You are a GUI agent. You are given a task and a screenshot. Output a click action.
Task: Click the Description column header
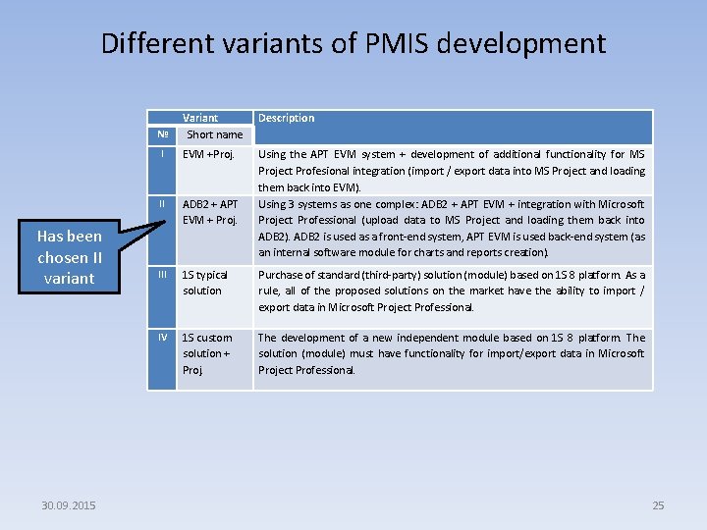tap(286, 118)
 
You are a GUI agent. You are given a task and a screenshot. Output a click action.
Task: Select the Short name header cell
tap(214, 134)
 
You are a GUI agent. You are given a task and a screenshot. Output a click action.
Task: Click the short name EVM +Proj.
tap(207, 154)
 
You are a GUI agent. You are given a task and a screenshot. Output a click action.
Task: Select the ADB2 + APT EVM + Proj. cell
tap(210, 212)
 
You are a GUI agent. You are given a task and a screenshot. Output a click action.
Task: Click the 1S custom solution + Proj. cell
tap(207, 353)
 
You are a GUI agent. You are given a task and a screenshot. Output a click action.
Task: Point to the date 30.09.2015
tap(69, 505)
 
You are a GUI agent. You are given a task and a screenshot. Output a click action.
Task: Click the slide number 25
tap(658, 505)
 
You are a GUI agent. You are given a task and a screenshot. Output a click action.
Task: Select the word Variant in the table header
tap(200, 118)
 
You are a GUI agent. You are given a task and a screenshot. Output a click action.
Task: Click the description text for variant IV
tap(451, 353)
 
